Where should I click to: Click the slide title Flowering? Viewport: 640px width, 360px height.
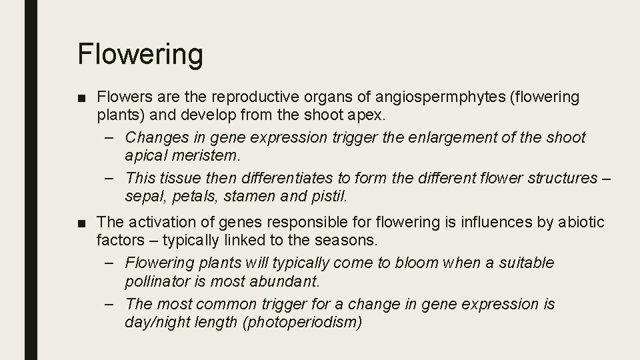(x=140, y=54)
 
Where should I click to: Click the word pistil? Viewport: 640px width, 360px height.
(x=329, y=196)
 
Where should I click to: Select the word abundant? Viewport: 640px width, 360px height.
(x=300, y=280)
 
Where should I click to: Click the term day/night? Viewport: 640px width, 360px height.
(x=158, y=321)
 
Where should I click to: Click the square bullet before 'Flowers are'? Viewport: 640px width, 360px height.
(x=81, y=98)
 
